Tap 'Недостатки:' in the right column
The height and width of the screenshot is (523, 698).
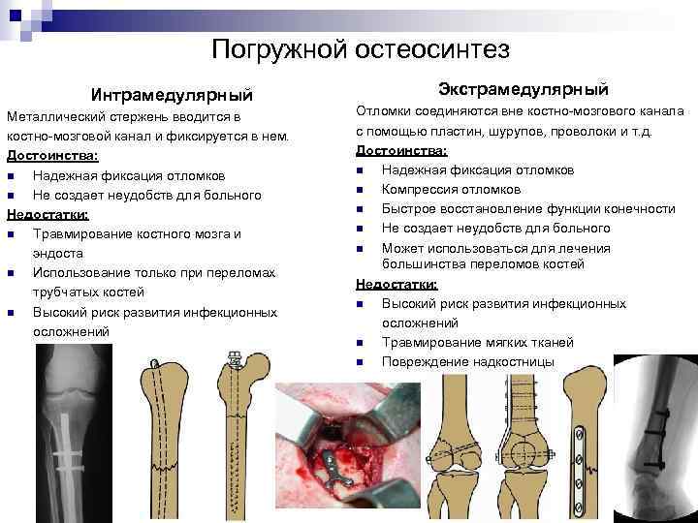tap(397, 284)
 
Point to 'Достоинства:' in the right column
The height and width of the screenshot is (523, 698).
tap(401, 150)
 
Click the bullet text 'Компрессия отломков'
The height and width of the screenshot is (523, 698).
tap(451, 189)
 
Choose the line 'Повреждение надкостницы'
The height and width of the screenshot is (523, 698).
tap(468, 361)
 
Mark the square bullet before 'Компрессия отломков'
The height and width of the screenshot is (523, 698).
tap(360, 190)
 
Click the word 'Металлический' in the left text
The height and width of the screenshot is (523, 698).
tap(58, 116)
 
